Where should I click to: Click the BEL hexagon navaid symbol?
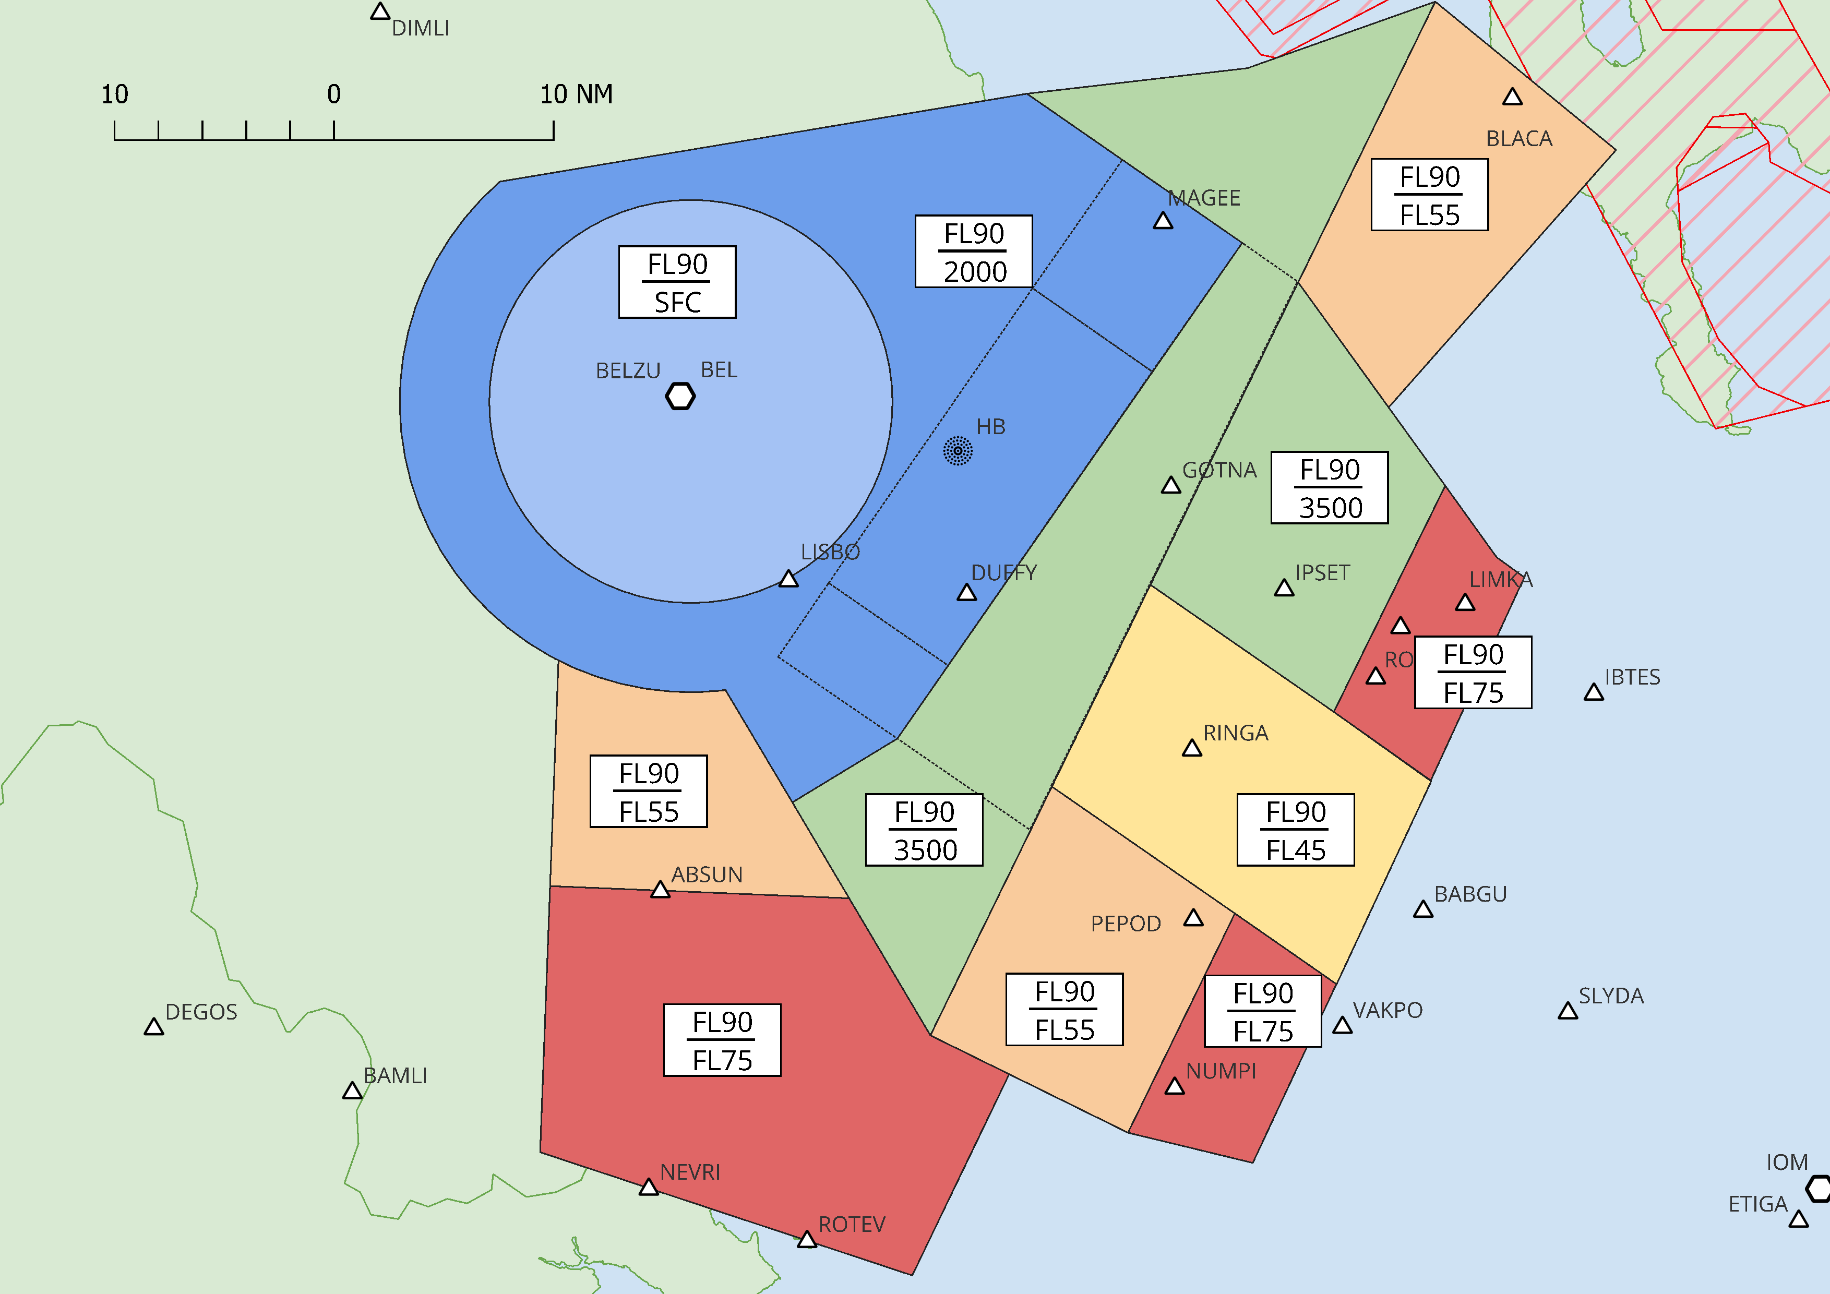(x=680, y=396)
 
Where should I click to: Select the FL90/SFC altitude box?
(x=677, y=282)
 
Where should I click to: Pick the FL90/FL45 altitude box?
(x=1295, y=830)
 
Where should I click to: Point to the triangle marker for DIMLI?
(x=380, y=12)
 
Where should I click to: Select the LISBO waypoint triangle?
(x=788, y=579)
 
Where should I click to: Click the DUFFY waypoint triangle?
(x=967, y=593)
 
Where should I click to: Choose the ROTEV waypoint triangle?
(x=807, y=1240)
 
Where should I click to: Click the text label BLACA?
(x=1519, y=139)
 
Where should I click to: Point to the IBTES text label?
(x=1632, y=677)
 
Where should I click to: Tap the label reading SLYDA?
(x=1611, y=996)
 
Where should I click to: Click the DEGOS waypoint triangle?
(x=154, y=1027)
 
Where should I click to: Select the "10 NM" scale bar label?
(x=576, y=94)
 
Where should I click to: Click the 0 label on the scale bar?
(x=334, y=94)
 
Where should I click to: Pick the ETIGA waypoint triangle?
(x=1799, y=1220)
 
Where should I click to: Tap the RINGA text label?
(x=1236, y=733)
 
